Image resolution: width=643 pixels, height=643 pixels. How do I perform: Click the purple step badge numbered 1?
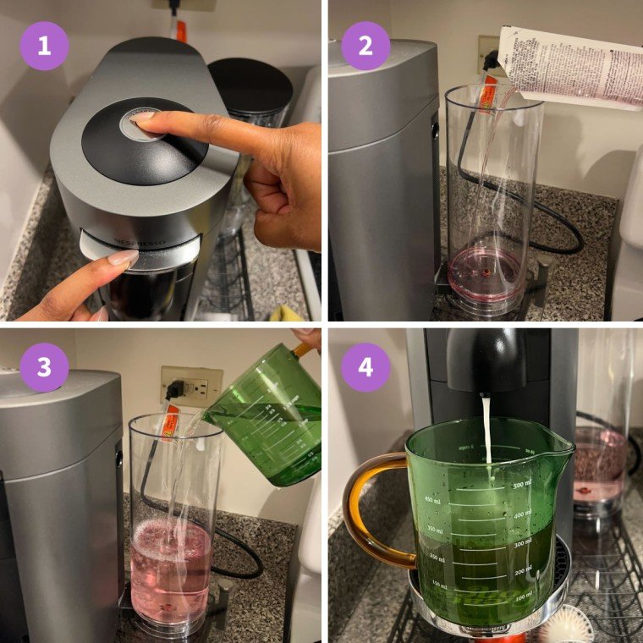click(43, 46)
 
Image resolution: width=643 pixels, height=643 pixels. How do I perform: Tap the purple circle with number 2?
click(365, 46)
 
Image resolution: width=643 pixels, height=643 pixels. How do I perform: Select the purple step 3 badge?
click(43, 367)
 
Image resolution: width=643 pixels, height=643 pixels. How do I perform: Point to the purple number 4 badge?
click(365, 367)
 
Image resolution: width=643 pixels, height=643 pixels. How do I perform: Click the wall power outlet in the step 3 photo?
click(190, 387)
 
